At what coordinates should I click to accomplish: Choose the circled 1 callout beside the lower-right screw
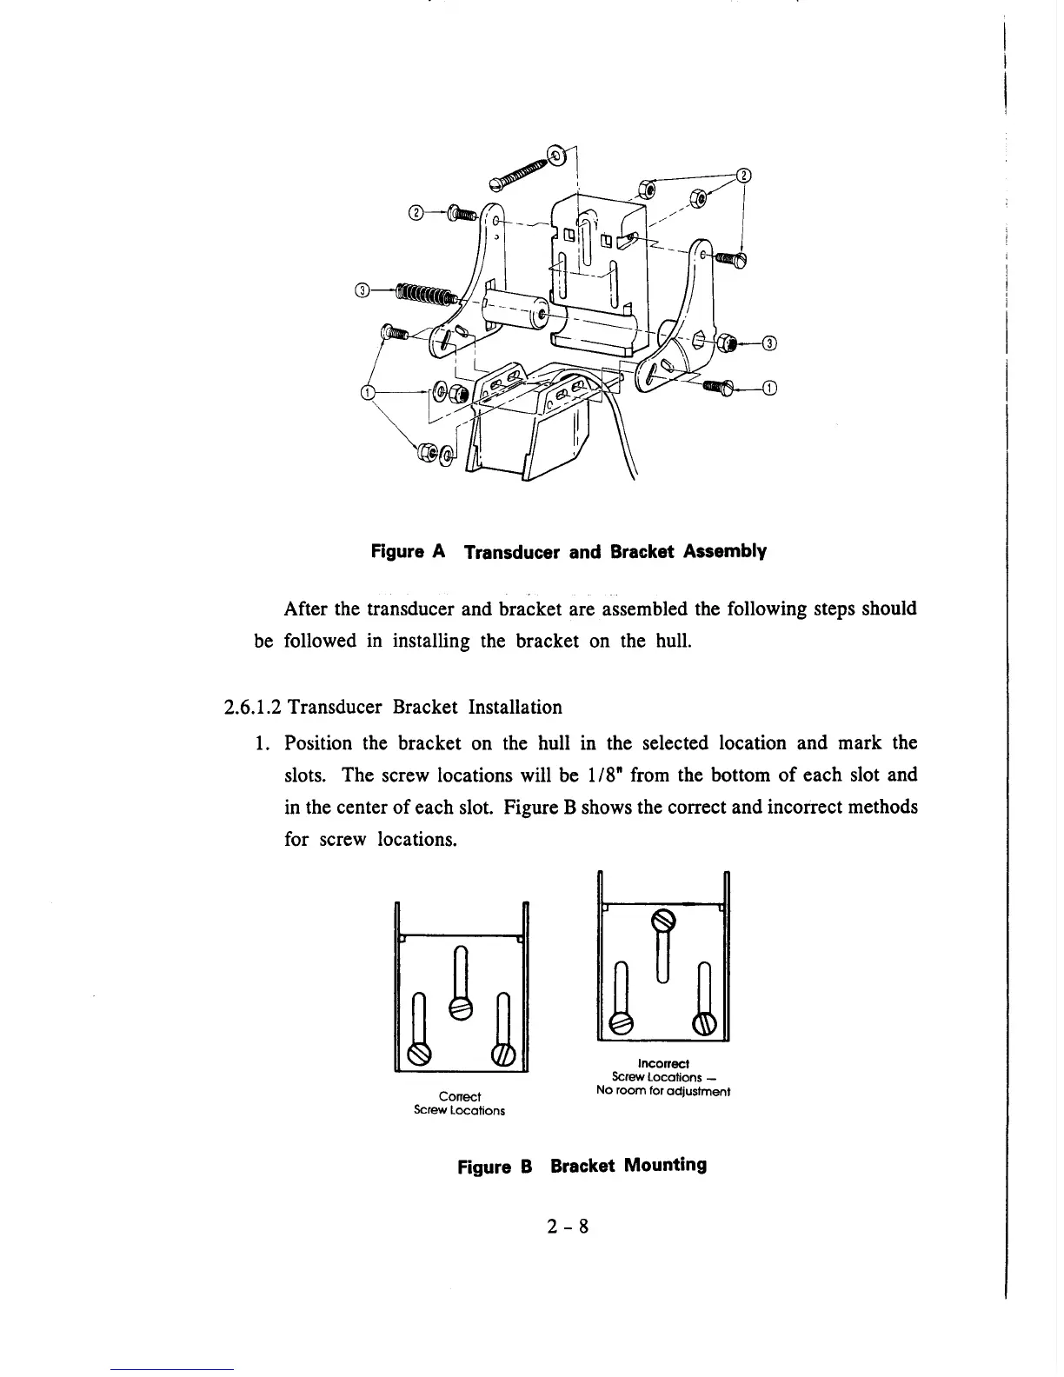768,388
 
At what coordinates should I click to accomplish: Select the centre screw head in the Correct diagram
461,1007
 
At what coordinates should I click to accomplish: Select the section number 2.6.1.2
252,707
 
